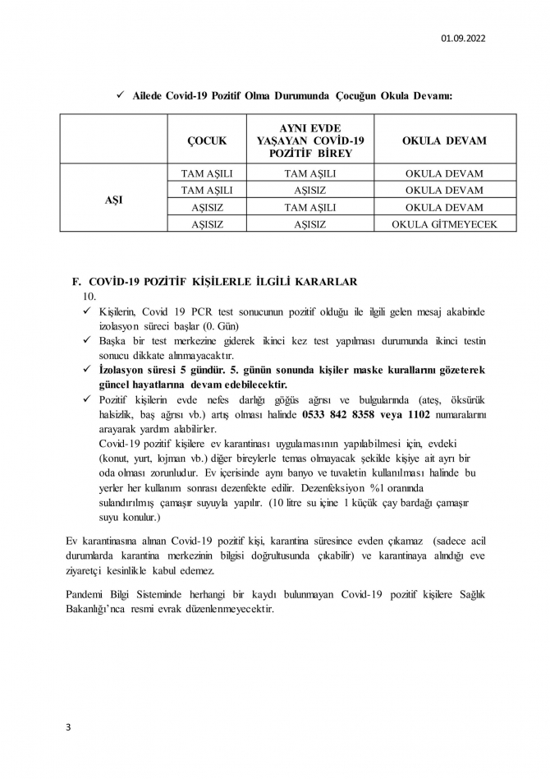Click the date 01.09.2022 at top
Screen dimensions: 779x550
click(463, 38)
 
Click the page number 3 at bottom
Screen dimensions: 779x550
click(69, 727)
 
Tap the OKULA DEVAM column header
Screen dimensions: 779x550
click(443, 141)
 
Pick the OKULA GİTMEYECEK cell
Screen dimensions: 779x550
click(444, 224)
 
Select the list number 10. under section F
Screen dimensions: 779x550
click(90, 295)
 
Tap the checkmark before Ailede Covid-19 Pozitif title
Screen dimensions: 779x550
click(121, 96)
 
